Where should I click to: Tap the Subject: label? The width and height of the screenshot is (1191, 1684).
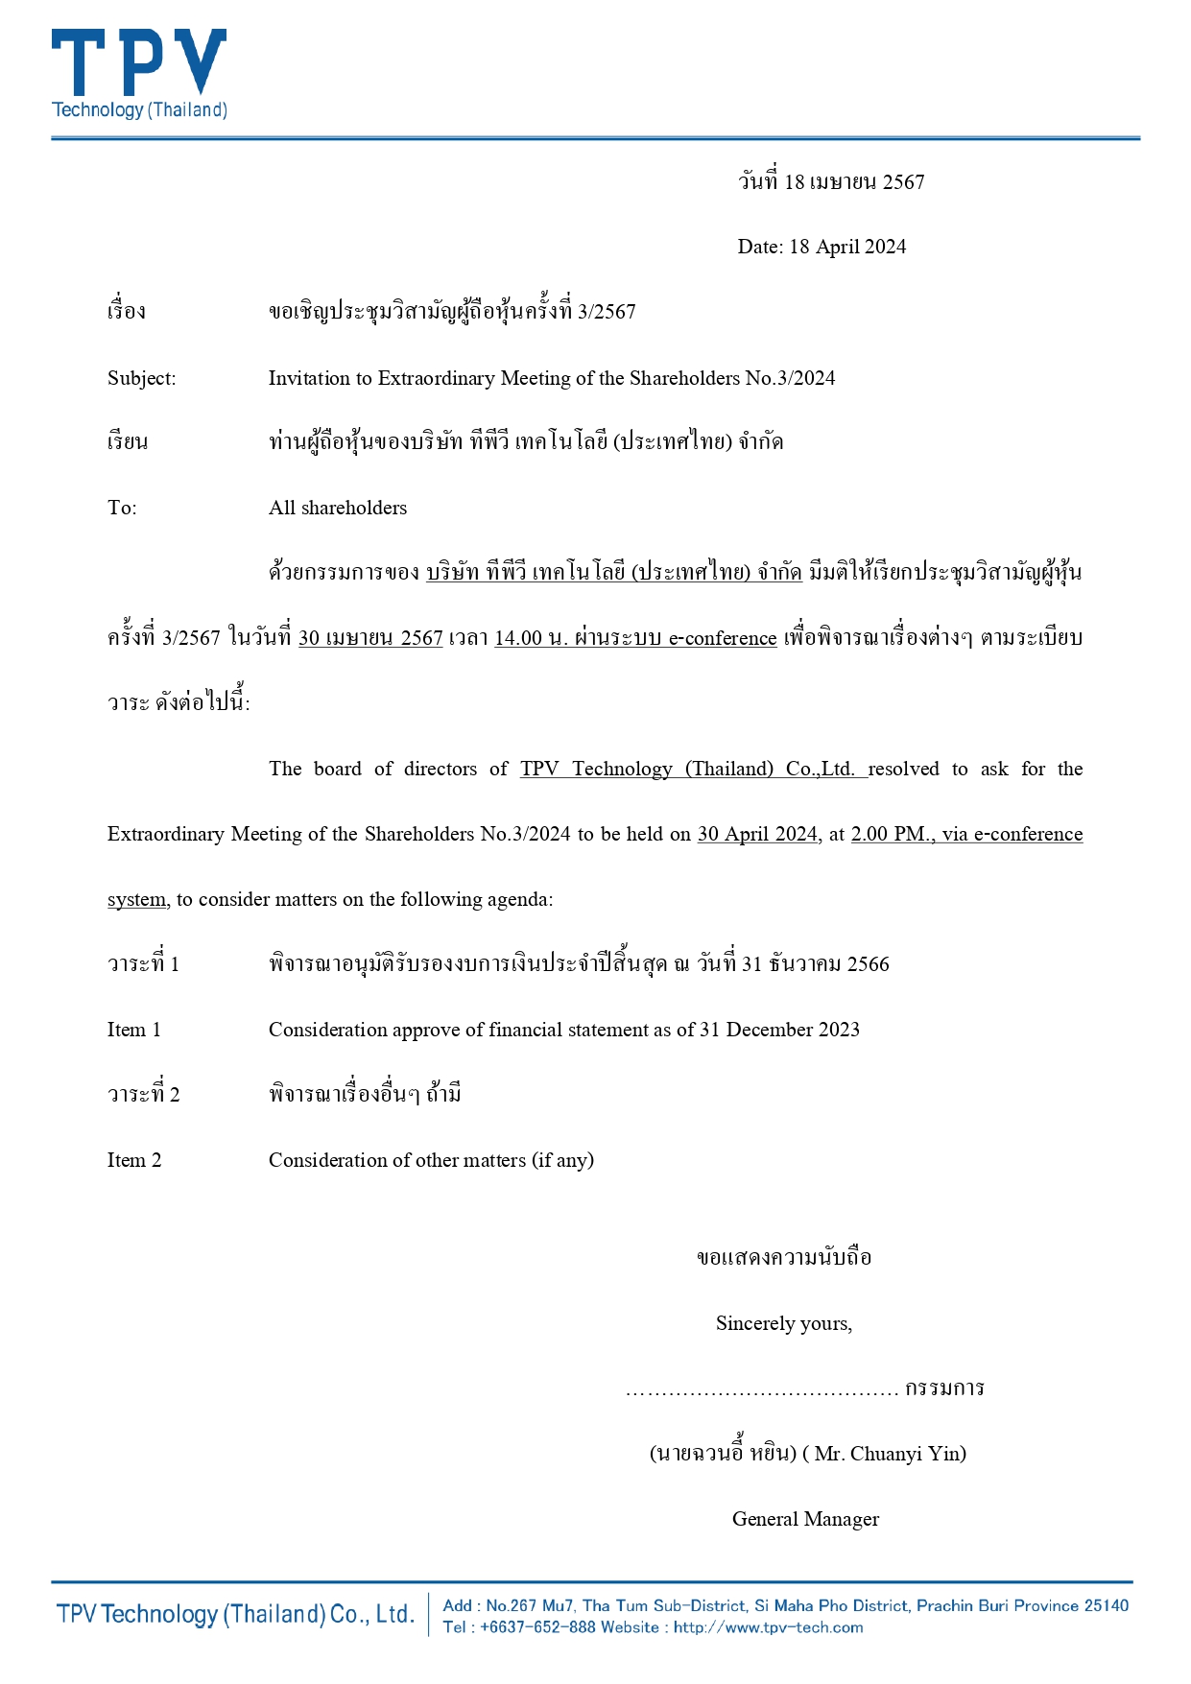(x=141, y=378)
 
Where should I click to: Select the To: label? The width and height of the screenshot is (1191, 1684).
(x=122, y=508)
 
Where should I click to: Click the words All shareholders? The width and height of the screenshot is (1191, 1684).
(x=338, y=508)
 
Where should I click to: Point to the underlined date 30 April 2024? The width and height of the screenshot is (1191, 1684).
(x=757, y=834)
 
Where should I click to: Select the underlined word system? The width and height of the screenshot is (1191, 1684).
(x=136, y=899)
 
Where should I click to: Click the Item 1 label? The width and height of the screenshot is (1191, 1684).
(x=134, y=1030)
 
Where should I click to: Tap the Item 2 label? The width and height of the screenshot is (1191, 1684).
(x=134, y=1160)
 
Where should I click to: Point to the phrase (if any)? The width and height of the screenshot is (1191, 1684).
(x=562, y=1160)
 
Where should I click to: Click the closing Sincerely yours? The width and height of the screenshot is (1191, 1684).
(x=784, y=1323)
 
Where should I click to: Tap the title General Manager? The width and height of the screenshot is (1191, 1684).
(x=805, y=1519)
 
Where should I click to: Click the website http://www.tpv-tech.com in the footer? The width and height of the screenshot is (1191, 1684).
(x=768, y=1627)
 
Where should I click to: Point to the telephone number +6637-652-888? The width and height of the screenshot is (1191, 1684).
(x=537, y=1627)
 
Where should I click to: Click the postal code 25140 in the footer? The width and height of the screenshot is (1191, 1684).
(x=1106, y=1605)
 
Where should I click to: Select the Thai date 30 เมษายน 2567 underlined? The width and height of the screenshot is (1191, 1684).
(x=370, y=638)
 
